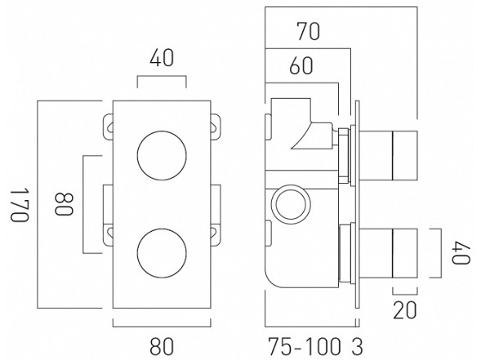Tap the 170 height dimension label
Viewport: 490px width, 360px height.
click(x=17, y=204)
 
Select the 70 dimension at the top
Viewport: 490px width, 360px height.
click(x=308, y=32)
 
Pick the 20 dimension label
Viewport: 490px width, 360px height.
click(x=406, y=310)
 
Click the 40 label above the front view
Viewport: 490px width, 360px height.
click(x=161, y=59)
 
